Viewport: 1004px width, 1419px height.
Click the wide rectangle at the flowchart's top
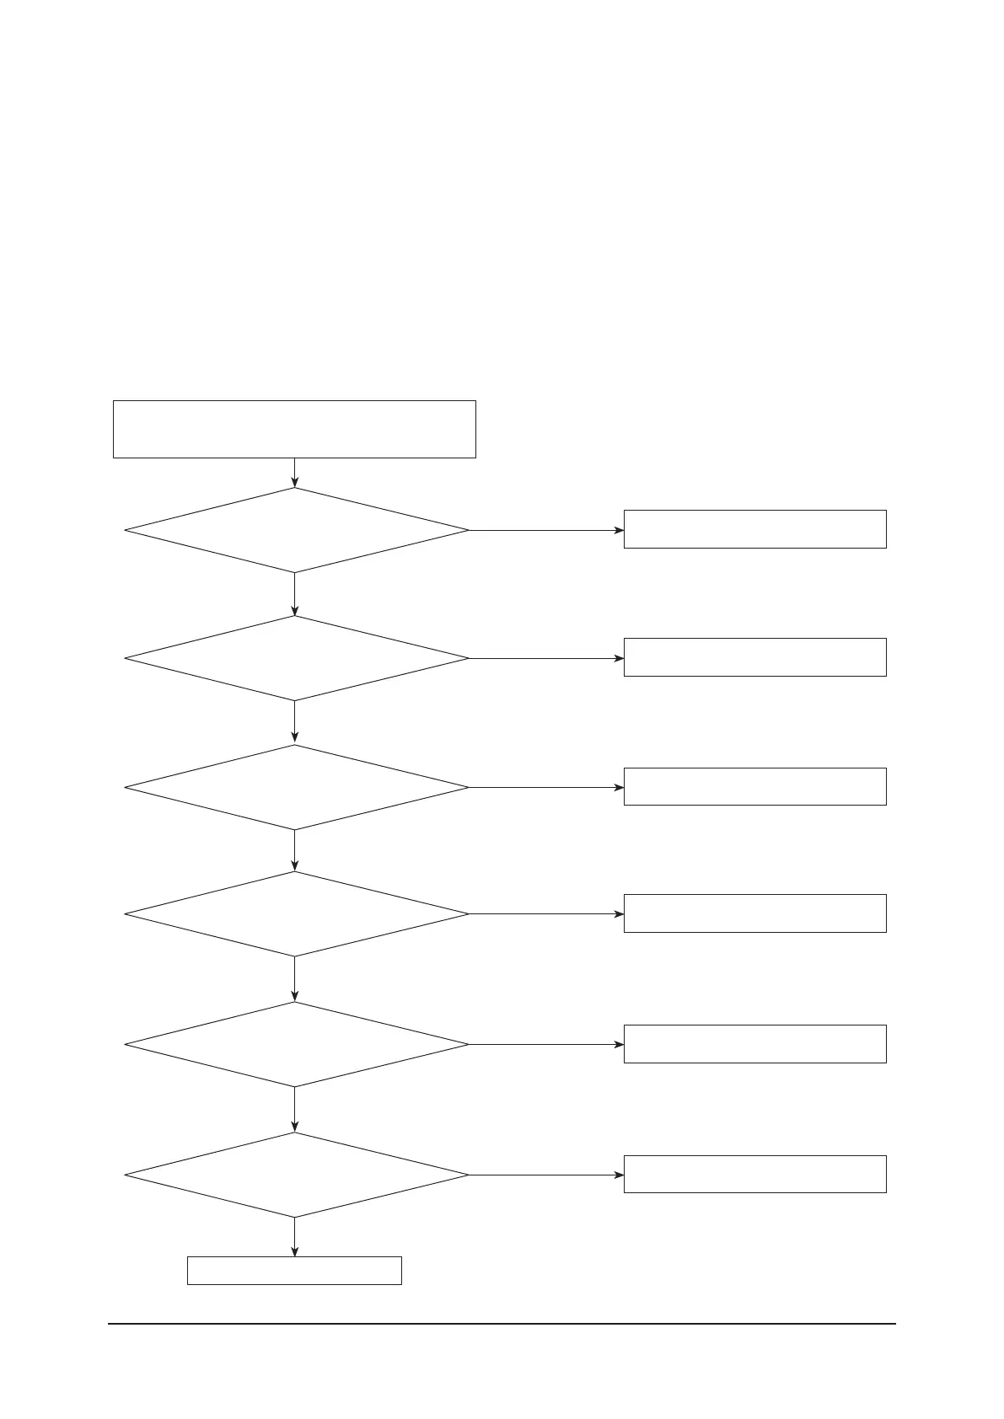point(294,429)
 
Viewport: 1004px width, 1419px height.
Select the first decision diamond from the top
point(296,531)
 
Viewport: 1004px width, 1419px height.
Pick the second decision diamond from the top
point(296,658)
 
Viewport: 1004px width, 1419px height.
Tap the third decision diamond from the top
point(296,787)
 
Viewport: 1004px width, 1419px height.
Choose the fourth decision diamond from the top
point(296,913)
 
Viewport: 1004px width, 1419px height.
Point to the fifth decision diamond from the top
point(296,1044)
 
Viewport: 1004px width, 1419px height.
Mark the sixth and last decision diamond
point(296,1175)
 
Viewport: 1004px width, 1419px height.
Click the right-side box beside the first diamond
point(754,529)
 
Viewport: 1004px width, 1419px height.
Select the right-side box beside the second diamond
point(754,657)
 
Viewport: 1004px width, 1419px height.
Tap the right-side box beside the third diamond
point(754,786)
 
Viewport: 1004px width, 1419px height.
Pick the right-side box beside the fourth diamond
point(754,913)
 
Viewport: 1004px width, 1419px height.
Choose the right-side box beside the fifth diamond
point(754,1044)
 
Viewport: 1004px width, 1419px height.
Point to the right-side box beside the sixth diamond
point(754,1174)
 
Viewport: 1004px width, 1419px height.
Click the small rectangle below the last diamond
point(294,1271)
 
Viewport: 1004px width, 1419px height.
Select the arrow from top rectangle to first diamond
point(294,473)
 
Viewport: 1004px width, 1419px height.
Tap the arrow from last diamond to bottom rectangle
point(294,1237)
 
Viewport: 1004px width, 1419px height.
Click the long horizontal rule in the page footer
point(502,1324)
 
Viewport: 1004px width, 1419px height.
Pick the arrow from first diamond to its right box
point(546,531)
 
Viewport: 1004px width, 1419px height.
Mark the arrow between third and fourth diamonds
point(294,850)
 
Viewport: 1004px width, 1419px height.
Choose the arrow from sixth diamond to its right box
point(546,1175)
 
